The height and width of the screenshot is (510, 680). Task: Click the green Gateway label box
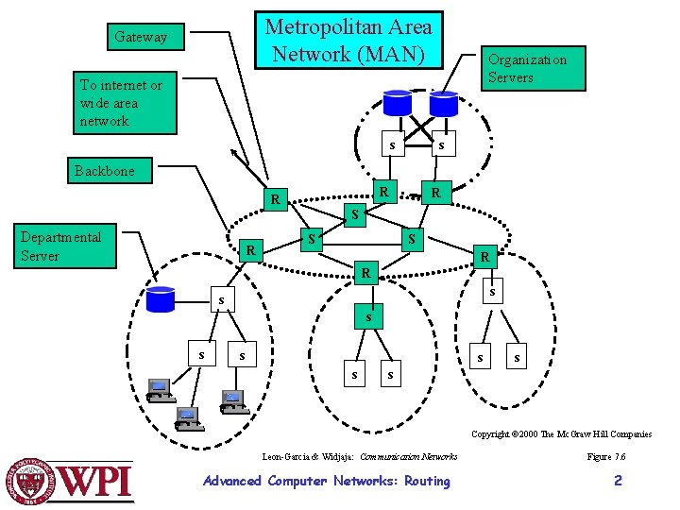141,37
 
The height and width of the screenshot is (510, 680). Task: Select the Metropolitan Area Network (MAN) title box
347,42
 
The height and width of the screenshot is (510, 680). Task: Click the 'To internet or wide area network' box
126,103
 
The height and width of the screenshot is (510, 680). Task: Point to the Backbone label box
105,171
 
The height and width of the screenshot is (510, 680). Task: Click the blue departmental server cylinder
161,298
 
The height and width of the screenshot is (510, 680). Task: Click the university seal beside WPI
31,480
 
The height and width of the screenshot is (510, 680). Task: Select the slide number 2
618,481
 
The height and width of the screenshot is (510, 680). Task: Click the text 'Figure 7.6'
605,456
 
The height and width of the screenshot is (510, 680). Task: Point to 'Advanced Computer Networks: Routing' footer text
327,481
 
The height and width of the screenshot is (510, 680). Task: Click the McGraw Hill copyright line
561,434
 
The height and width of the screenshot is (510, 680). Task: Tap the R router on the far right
484,256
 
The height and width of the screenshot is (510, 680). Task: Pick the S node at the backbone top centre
355,214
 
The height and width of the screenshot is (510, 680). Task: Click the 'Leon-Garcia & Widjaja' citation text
308,456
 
